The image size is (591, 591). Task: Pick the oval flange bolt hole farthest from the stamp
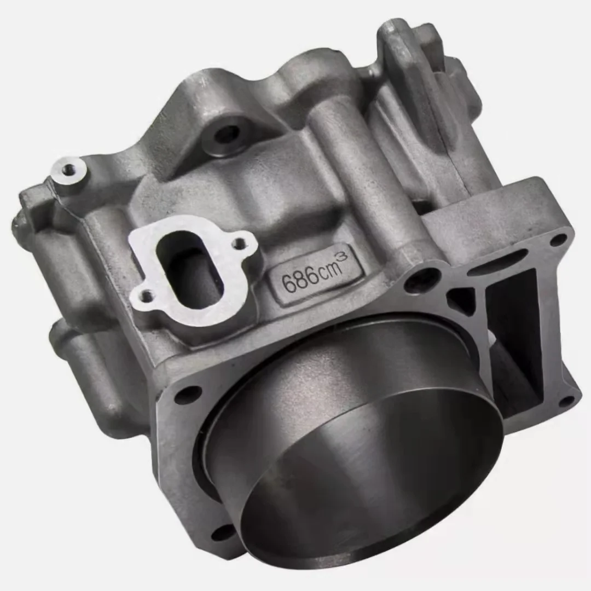coord(146,297)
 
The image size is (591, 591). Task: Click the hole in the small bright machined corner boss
coord(68,170)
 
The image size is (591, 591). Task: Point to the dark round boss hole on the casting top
coord(227,134)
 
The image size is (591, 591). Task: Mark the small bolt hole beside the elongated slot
coord(558,240)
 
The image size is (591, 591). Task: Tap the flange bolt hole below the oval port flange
coord(187,394)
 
